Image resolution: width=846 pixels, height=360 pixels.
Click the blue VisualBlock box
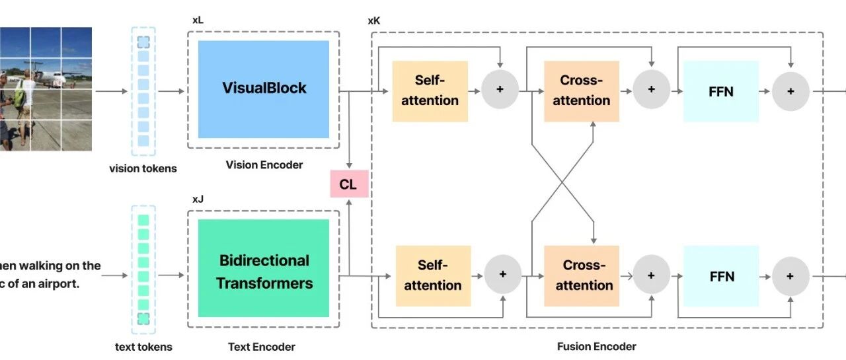pyautogui.click(x=264, y=89)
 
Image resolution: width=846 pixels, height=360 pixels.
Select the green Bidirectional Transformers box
pyautogui.click(x=264, y=268)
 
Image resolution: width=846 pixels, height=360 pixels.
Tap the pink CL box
pyautogui.click(x=350, y=184)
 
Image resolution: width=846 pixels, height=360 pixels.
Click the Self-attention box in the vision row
pyautogui.click(x=430, y=91)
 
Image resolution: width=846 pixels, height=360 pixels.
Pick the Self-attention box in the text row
pyautogui.click(x=433, y=276)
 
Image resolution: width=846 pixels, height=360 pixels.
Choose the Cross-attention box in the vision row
pyautogui.click(x=582, y=91)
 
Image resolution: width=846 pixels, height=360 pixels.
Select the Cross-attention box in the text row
pyautogui.click(x=582, y=276)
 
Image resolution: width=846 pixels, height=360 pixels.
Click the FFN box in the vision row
pyautogui.click(x=721, y=91)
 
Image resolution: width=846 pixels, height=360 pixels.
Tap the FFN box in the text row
pyautogui.click(x=721, y=276)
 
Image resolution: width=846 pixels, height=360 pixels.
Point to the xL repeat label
pyautogui.click(x=198, y=20)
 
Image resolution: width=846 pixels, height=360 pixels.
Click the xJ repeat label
pyautogui.click(x=198, y=199)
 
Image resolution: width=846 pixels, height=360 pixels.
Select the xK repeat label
pyautogui.click(x=374, y=20)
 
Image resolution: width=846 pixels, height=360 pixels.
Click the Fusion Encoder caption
pyautogui.click(x=597, y=346)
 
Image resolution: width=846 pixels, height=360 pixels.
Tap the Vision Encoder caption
pyautogui.click(x=264, y=165)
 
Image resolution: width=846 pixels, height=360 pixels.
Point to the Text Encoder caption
pyautogui.click(x=262, y=347)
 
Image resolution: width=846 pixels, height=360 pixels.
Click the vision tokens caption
pyautogui.click(x=143, y=168)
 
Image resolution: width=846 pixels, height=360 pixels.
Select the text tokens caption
pyautogui.click(x=143, y=347)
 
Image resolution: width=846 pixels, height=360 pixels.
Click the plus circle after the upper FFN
pyautogui.click(x=791, y=91)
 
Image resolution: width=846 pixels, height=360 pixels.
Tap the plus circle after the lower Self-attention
pyautogui.click(x=503, y=274)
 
